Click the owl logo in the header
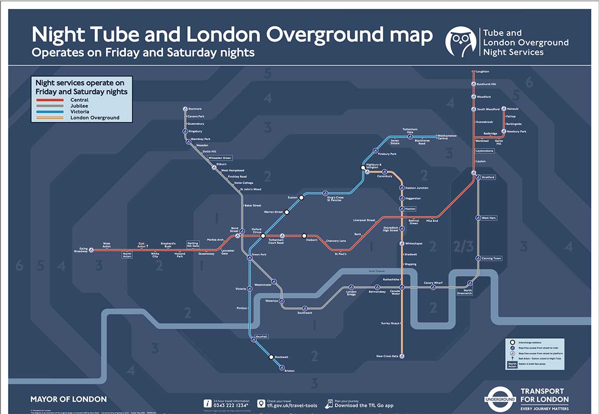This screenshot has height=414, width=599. click(x=461, y=41)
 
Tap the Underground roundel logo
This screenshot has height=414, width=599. click(x=499, y=399)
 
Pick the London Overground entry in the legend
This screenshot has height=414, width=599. click(x=95, y=118)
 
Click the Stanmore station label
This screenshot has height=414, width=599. click(x=195, y=109)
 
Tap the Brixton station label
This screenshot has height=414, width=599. click(x=289, y=371)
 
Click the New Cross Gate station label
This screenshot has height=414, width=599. click(x=387, y=356)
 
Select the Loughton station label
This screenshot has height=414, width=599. click(x=483, y=72)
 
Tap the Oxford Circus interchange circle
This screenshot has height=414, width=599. click(x=263, y=235)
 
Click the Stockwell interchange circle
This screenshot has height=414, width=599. click(x=271, y=357)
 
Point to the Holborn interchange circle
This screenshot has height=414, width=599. click(x=304, y=235)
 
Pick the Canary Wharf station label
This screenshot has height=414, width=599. click(x=433, y=283)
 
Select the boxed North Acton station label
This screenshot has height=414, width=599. click(x=127, y=255)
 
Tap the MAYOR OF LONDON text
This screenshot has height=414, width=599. click(x=68, y=399)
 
